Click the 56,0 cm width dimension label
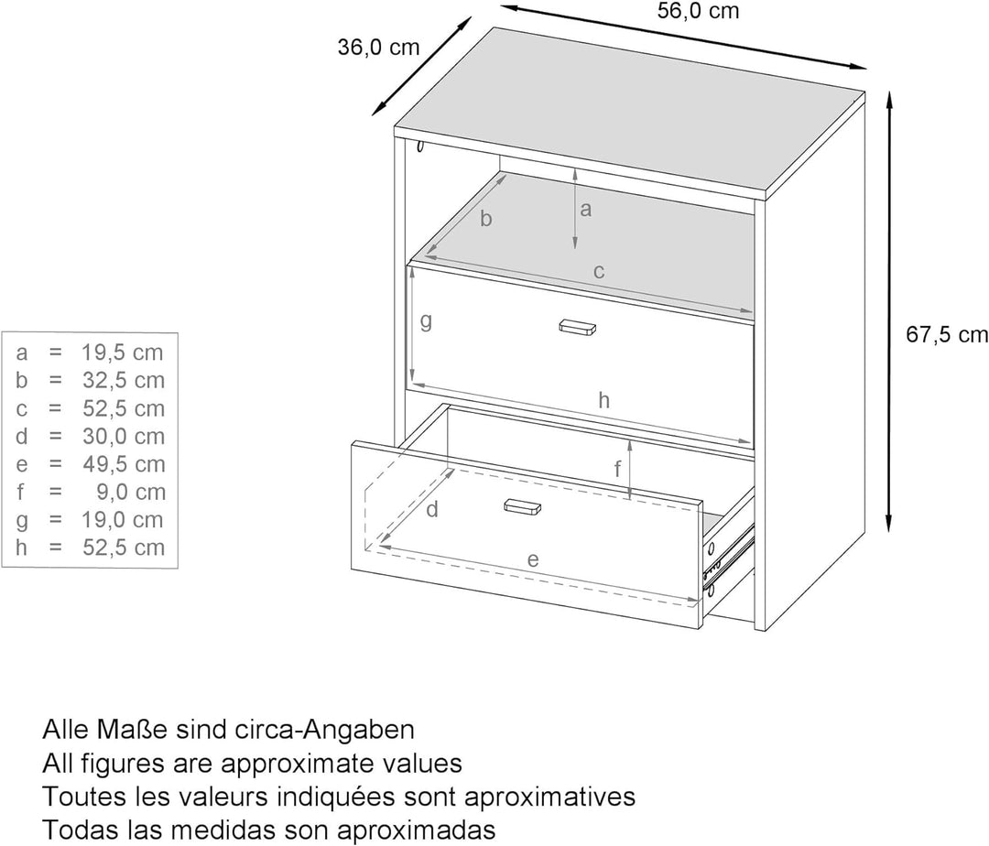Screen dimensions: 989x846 tap(698, 11)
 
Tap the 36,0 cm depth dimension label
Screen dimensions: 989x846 tap(378, 47)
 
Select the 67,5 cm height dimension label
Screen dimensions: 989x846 tap(947, 335)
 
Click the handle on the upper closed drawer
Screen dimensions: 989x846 tap(577, 327)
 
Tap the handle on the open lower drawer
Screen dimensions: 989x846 tap(522, 506)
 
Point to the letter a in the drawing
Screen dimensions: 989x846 tap(586, 210)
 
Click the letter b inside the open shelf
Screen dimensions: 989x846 tap(485, 218)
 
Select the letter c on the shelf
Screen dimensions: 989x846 tap(599, 272)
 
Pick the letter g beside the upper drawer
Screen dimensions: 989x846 tap(427, 322)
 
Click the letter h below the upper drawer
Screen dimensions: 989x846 tap(603, 400)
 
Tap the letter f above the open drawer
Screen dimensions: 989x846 tap(618, 469)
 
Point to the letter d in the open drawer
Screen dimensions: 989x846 tap(432, 509)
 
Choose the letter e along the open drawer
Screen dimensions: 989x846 tap(533, 559)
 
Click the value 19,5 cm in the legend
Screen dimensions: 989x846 tap(123, 352)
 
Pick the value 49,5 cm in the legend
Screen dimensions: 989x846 tap(124, 464)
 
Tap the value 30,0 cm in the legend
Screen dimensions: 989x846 tap(124, 436)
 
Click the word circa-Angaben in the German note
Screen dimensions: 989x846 tap(324, 730)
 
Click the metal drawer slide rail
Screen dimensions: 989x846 tap(729, 554)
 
